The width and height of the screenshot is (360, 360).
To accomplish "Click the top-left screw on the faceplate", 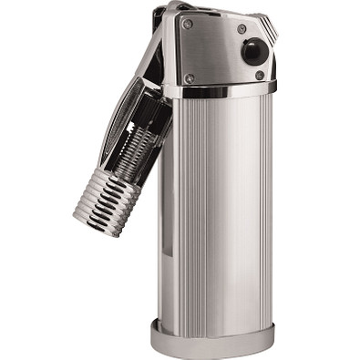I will coord(189,24).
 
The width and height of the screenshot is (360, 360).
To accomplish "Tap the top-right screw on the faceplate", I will coord(242,28).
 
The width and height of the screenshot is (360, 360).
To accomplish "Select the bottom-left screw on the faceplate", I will coord(189,77).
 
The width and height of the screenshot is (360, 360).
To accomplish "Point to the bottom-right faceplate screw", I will coord(261,76).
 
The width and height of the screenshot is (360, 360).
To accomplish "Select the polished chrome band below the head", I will coord(219,91).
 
